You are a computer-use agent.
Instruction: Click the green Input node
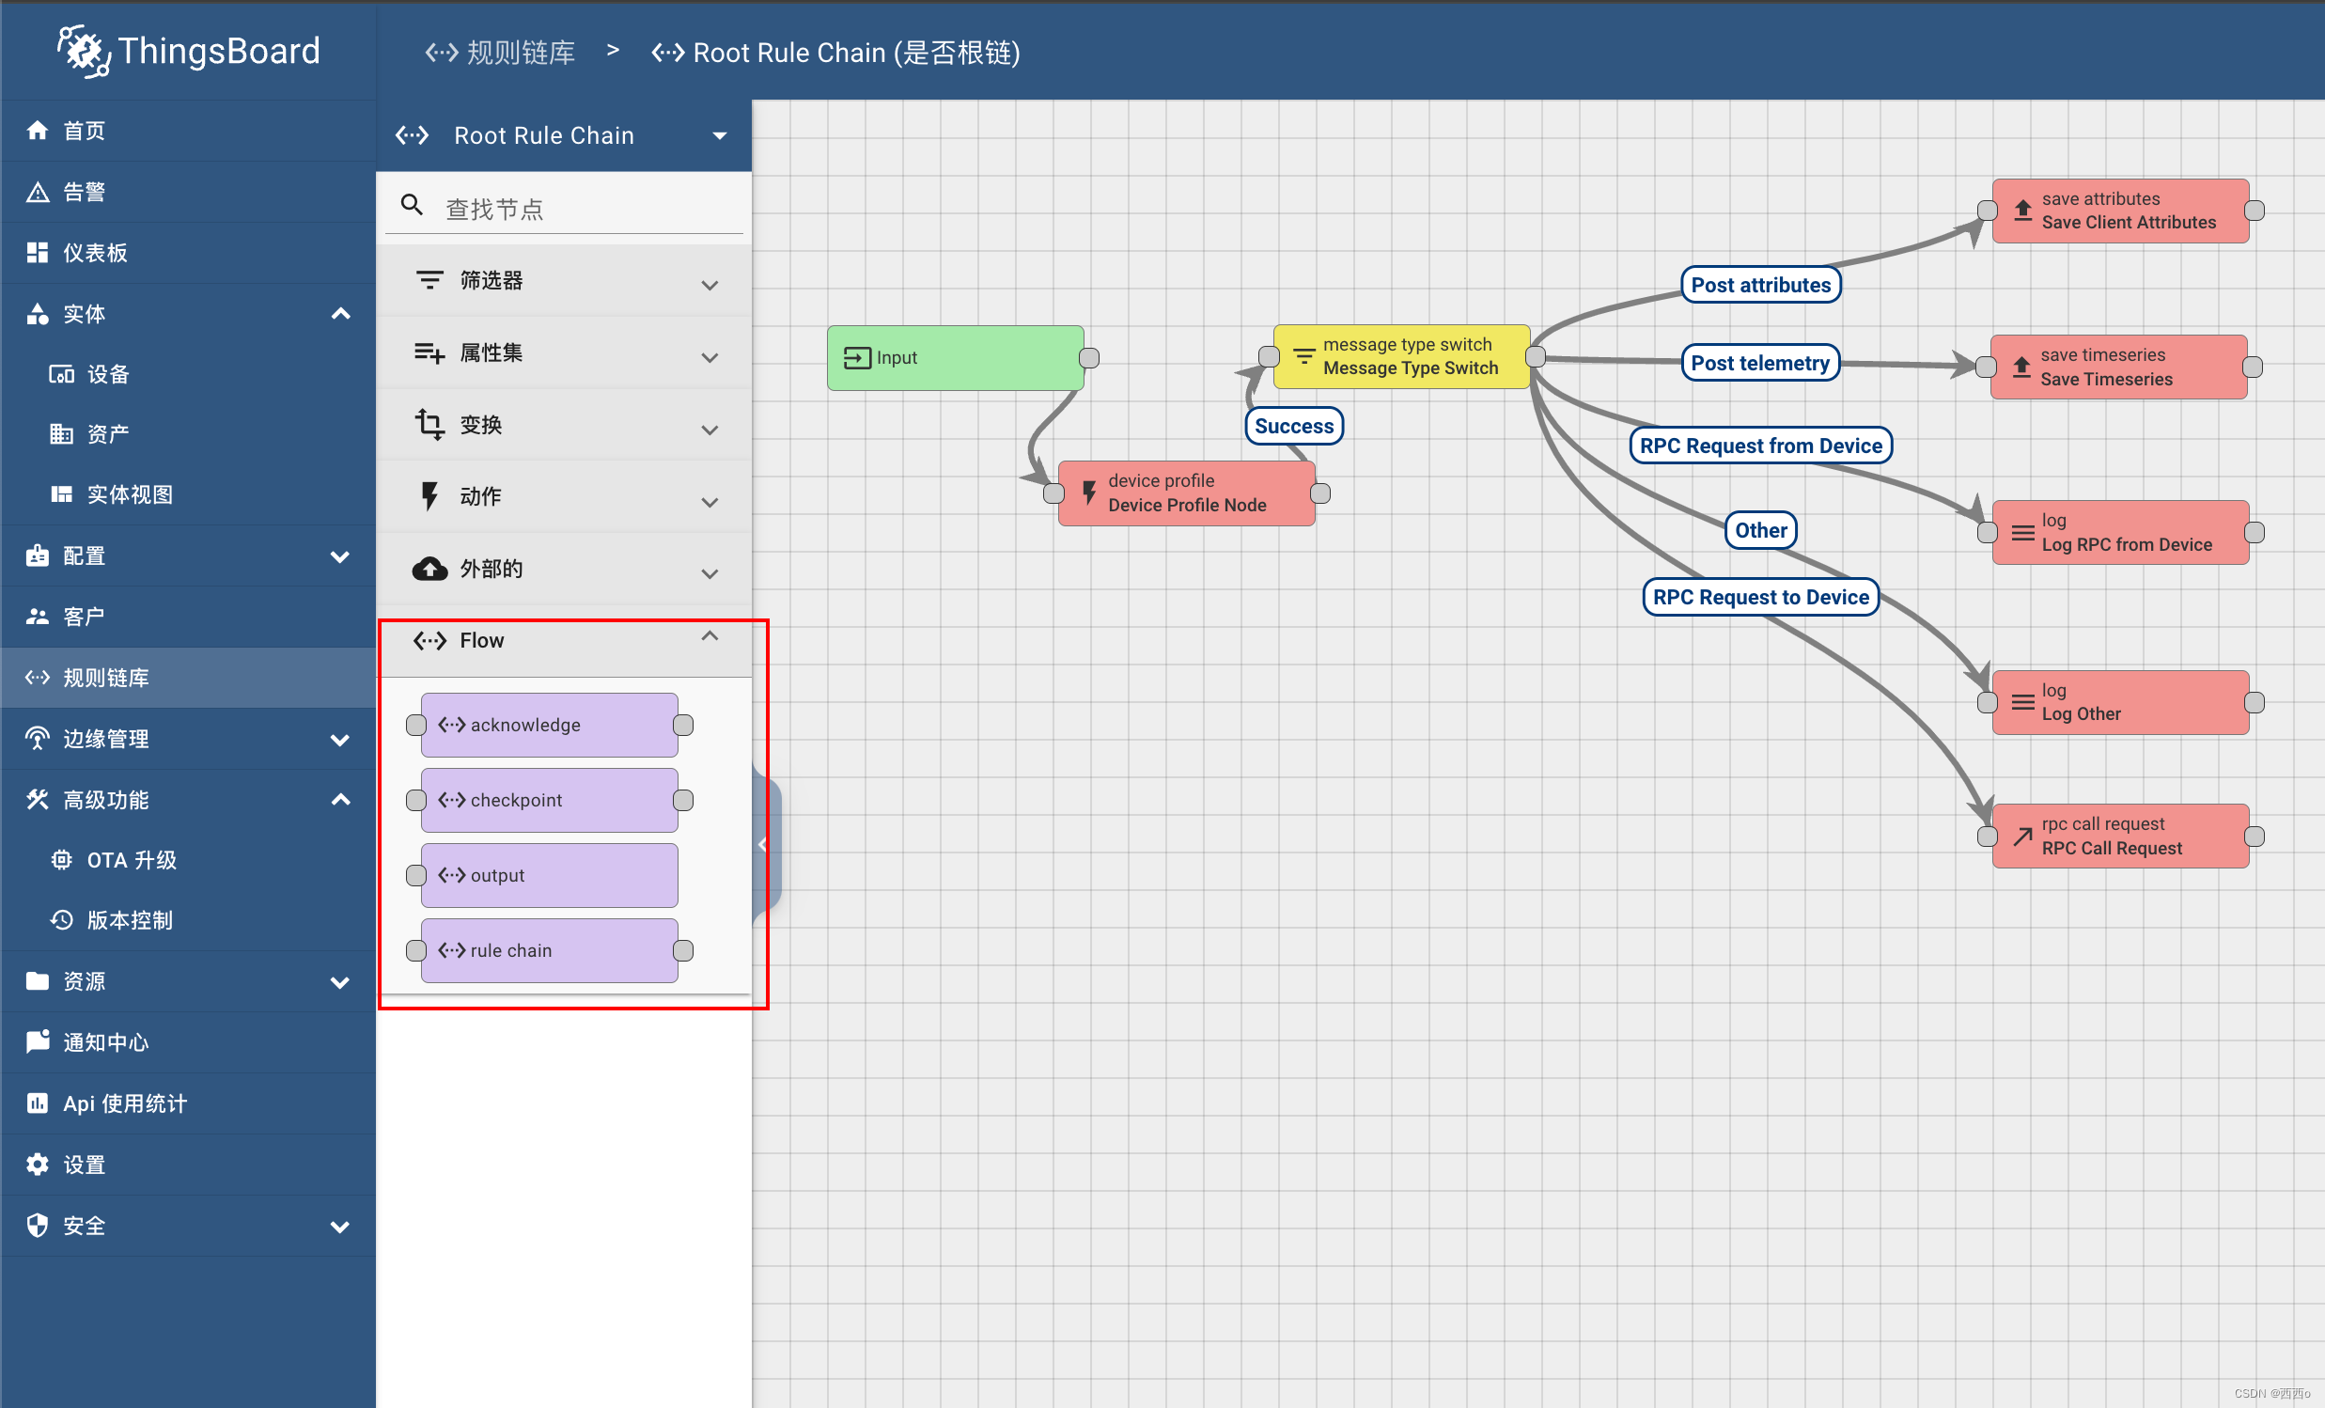[x=954, y=358]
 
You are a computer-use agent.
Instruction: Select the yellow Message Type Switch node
[x=1401, y=357]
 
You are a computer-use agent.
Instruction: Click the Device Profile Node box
[x=1186, y=493]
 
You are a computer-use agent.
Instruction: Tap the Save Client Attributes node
[x=2119, y=211]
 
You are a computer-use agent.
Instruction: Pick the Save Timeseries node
[x=2118, y=368]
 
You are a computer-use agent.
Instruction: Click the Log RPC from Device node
[x=2119, y=532]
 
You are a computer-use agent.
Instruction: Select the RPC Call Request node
[x=2119, y=837]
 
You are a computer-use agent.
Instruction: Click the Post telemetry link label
[x=1760, y=364]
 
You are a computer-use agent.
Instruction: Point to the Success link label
[x=1294, y=426]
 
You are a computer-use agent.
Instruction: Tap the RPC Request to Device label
[x=1761, y=598]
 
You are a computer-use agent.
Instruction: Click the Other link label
[x=1761, y=530]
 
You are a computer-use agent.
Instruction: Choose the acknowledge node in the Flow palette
[x=549, y=725]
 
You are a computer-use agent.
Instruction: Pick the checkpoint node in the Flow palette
[x=549, y=800]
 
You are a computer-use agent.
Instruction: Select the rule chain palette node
[x=549, y=950]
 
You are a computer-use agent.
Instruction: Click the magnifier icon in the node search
[x=412, y=205]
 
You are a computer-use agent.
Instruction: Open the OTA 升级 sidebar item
[x=132, y=860]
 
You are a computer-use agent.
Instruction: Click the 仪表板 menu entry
[x=94, y=253]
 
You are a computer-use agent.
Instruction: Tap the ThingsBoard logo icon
[x=83, y=51]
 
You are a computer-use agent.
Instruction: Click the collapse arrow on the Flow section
[x=710, y=637]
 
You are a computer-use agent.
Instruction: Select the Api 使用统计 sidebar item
[x=125, y=1103]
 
